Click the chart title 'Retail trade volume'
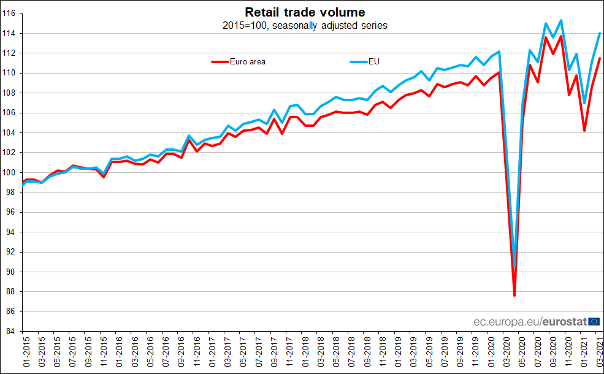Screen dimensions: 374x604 point(305,12)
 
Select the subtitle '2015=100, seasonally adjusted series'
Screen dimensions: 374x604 point(305,26)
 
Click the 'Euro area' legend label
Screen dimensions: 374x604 point(247,61)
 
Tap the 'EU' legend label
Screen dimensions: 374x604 point(373,61)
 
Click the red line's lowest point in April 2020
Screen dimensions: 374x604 point(514,296)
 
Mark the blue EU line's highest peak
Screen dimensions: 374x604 point(561,20)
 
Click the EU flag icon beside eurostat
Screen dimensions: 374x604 point(594,321)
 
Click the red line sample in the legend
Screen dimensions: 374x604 point(220,61)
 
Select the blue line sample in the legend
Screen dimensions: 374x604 point(358,61)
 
